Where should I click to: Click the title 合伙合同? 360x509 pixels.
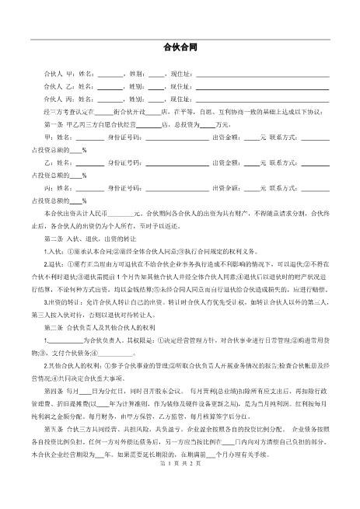click(x=180, y=47)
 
